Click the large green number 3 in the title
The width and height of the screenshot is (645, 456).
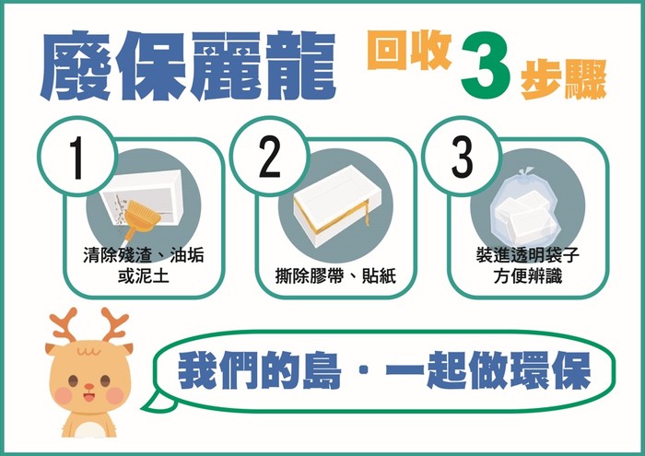487,64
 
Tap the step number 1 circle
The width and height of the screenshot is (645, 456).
77,157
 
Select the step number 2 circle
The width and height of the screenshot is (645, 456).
269,157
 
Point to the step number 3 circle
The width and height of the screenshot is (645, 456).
462,157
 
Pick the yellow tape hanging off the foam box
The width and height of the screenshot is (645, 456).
364,214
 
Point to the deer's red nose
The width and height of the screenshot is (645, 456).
88,387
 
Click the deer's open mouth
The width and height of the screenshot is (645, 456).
88,397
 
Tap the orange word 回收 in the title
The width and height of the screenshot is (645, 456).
409,52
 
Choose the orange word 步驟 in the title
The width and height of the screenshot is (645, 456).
564,79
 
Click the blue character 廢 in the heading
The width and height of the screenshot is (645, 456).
75,65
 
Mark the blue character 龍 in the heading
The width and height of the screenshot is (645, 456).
299,65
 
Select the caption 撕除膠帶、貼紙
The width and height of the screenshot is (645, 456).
335,275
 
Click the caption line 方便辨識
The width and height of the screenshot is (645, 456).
528,275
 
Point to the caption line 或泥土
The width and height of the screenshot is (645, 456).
144,275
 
